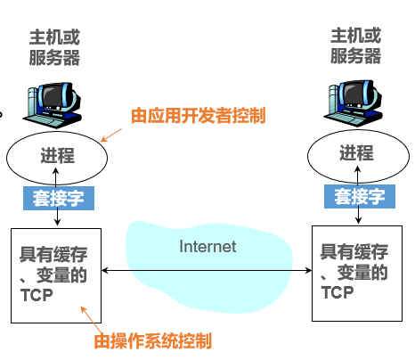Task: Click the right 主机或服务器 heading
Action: tap(355, 46)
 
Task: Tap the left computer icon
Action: tap(54, 102)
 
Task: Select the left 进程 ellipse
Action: tap(57, 155)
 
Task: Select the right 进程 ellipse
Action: tap(356, 155)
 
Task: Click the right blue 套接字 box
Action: tap(356, 196)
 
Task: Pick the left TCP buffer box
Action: tap(56, 275)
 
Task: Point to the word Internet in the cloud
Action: tap(207, 247)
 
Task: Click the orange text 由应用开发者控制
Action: tap(198, 117)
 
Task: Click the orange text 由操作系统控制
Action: tap(153, 341)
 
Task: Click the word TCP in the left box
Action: tap(36, 295)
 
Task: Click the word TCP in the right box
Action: tap(338, 292)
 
